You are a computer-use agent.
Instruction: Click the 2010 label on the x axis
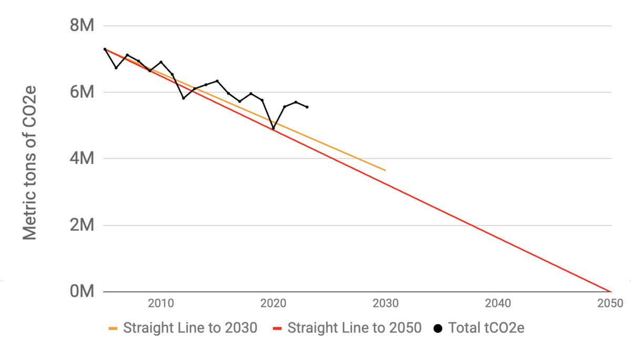[161, 303]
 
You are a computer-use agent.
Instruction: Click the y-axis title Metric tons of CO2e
[30, 158]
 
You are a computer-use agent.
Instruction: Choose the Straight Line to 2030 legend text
[190, 328]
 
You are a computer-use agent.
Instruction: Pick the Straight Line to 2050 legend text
[354, 328]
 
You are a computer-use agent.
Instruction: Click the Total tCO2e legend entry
[486, 328]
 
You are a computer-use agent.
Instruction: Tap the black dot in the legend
[438, 329]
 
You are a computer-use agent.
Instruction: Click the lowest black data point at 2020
[273, 128]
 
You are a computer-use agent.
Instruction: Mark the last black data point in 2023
[307, 107]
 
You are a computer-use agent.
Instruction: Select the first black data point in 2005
[105, 49]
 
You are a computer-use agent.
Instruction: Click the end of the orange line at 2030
[385, 170]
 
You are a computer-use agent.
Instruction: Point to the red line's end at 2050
[610, 291]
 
